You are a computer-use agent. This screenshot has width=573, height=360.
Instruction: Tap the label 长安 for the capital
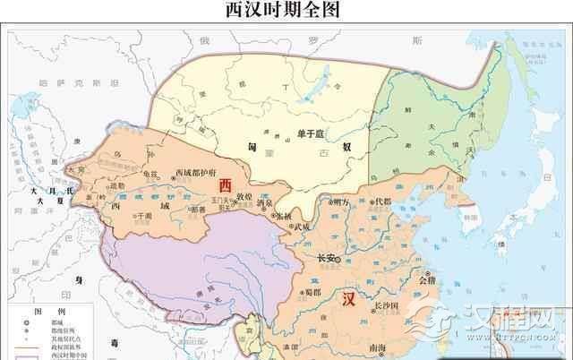[329, 260]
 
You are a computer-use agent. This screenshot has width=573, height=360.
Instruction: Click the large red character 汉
[350, 300]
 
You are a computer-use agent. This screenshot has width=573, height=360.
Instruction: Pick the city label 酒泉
[265, 203]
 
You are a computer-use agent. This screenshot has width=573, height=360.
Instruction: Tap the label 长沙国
[387, 306]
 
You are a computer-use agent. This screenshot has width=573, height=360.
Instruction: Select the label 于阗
[141, 217]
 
